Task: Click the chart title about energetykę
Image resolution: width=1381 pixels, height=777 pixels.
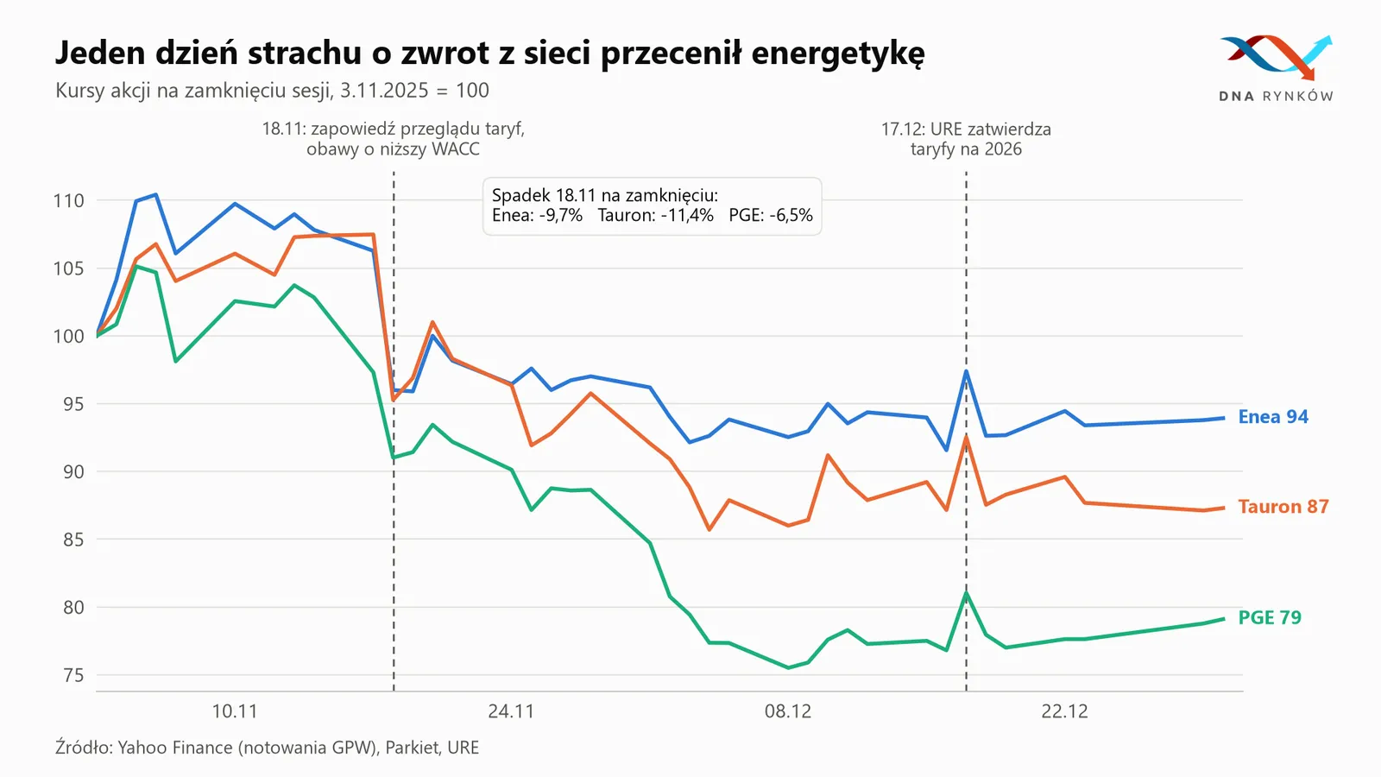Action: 490,53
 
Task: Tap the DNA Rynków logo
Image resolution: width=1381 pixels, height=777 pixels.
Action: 1277,68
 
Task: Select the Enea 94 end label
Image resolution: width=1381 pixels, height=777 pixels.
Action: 1273,417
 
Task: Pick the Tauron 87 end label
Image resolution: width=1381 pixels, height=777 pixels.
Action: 1283,506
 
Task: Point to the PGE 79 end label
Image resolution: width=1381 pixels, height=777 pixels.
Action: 1270,617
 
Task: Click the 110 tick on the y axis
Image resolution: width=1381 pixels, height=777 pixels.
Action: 68,200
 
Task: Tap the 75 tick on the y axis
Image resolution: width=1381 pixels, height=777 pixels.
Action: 73,675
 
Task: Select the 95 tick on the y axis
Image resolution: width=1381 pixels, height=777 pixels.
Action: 73,404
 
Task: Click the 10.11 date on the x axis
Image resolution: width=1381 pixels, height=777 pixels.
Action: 235,711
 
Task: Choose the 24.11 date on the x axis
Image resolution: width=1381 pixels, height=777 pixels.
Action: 511,711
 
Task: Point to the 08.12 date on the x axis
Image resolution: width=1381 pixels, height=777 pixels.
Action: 788,711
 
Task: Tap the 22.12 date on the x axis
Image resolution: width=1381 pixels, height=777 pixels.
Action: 1065,711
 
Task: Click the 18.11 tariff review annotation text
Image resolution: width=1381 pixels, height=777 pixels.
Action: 394,139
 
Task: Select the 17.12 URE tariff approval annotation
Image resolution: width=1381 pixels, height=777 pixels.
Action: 966,139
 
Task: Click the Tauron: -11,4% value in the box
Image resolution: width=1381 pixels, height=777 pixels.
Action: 655,215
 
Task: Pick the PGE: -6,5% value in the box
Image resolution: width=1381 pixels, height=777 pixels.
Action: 771,215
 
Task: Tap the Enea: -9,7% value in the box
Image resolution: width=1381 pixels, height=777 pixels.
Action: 537,215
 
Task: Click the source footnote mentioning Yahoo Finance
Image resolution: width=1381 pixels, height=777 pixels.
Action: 267,748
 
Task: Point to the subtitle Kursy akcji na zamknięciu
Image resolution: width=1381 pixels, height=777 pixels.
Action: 272,91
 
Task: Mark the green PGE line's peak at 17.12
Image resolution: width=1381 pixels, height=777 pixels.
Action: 966,592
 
